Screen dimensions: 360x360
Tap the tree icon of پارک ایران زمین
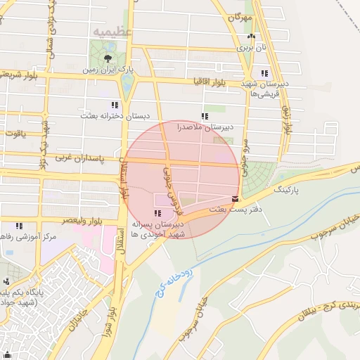click(107, 58)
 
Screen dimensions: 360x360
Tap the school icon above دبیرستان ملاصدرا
click(205, 116)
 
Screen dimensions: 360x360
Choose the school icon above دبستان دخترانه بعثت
click(115, 105)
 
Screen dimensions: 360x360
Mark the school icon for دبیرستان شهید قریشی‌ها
click(264, 72)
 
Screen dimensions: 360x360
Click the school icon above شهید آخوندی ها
click(156, 213)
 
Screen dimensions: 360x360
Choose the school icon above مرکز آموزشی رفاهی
click(19, 226)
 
